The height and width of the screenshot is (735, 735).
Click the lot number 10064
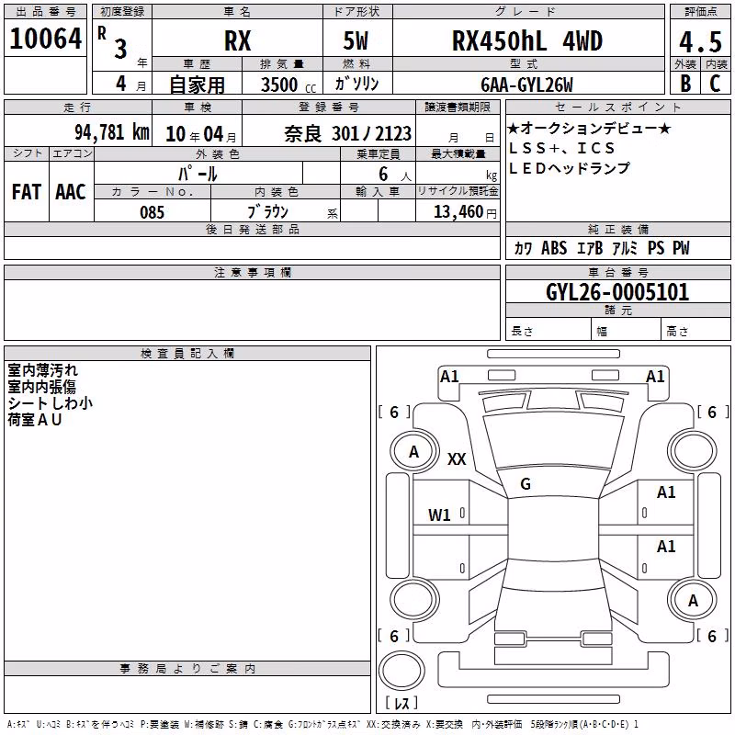(45, 39)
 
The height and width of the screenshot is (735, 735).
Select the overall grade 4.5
(700, 42)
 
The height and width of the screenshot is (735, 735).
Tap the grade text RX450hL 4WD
(526, 40)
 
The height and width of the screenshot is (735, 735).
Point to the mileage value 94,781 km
(112, 132)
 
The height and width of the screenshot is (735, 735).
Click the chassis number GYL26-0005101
(617, 292)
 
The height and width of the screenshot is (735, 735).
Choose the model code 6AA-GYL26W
(526, 85)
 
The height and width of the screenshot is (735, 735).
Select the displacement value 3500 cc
(288, 85)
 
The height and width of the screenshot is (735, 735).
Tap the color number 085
(152, 212)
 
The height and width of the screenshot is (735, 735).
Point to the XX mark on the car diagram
(457, 458)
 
